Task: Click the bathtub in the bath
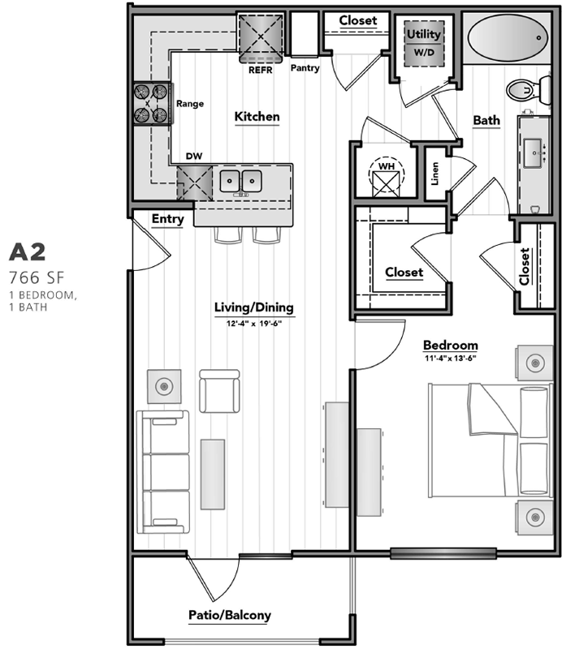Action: (507, 38)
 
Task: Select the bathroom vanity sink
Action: (534, 153)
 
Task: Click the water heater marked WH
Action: (386, 177)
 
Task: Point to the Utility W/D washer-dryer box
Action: (424, 44)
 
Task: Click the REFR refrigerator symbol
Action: (260, 38)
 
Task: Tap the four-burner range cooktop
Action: (152, 104)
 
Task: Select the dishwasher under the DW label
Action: (194, 183)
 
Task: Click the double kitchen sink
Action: (240, 181)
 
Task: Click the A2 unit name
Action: (28, 252)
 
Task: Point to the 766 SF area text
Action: (37, 278)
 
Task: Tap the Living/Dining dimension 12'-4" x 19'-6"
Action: (254, 323)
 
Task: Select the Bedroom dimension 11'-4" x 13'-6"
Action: (451, 358)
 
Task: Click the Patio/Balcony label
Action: (230, 615)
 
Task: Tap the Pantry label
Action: (305, 68)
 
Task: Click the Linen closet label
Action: (434, 174)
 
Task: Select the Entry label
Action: (167, 219)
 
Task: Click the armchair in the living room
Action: (219, 391)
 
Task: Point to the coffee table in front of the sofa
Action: (213, 475)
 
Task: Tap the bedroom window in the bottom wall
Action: (443, 553)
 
